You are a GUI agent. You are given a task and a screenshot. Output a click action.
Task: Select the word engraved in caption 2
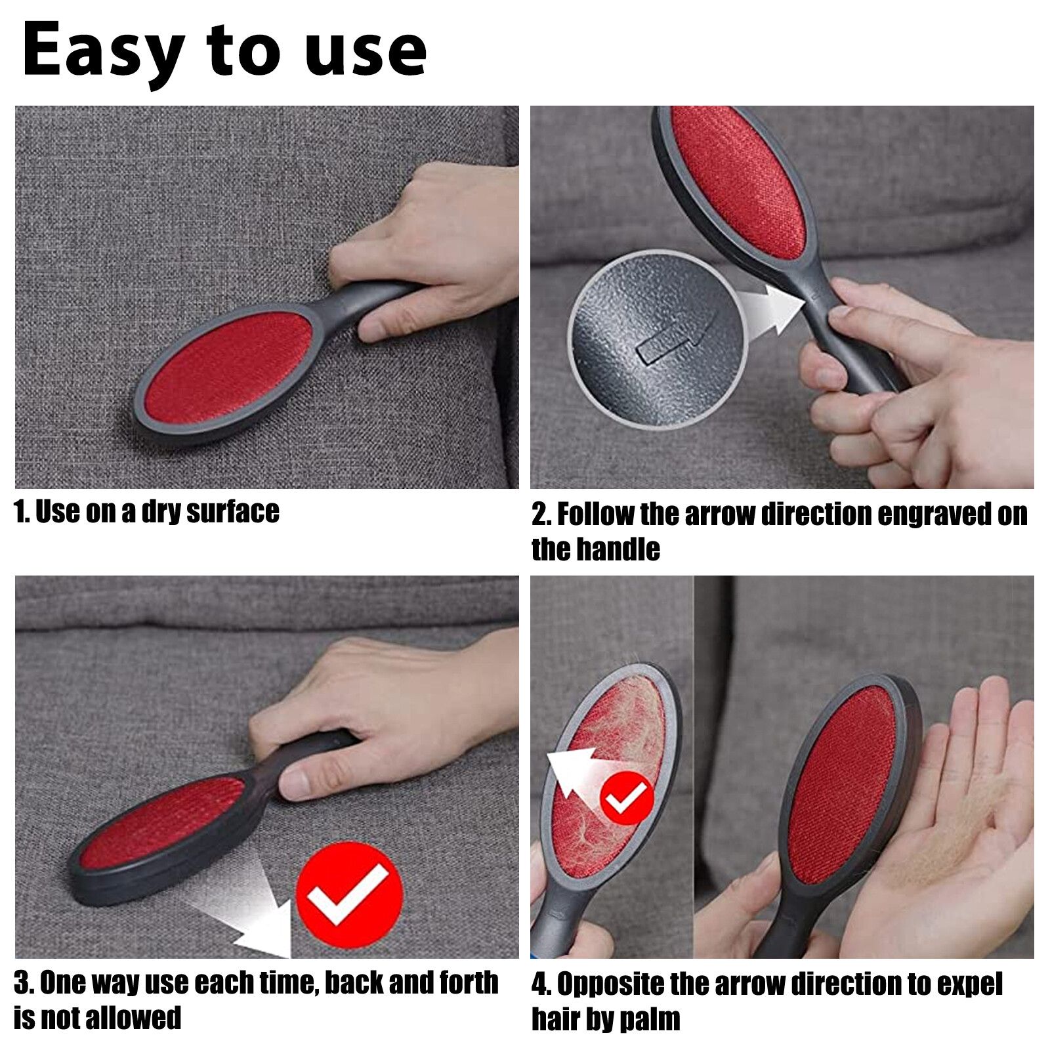point(935,514)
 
